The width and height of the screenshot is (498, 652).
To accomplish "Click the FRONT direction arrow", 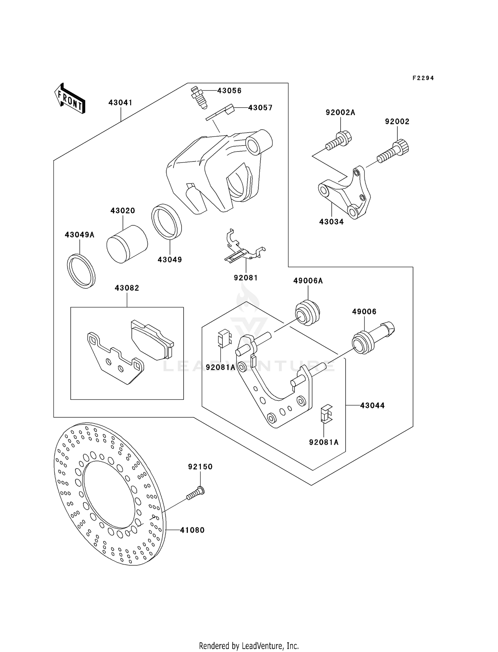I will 70,99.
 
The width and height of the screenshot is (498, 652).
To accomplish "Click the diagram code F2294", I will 423,78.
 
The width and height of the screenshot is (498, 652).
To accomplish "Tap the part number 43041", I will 120,103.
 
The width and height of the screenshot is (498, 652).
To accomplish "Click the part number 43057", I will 260,108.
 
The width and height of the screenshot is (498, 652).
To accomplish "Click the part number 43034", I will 331,222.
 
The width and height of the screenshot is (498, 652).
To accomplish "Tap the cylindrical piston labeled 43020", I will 127,244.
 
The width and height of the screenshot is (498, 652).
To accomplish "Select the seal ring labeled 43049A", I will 81,271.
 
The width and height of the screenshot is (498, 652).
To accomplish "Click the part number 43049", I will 170,260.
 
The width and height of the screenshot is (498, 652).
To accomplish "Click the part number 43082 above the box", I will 127,288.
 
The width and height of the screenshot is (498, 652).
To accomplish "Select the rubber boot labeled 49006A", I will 307,313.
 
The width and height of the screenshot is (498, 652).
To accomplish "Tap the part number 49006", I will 364,312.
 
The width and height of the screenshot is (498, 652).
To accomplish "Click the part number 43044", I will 372,405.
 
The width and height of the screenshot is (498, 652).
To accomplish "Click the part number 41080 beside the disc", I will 192,530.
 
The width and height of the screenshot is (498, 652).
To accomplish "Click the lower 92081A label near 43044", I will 324,442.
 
